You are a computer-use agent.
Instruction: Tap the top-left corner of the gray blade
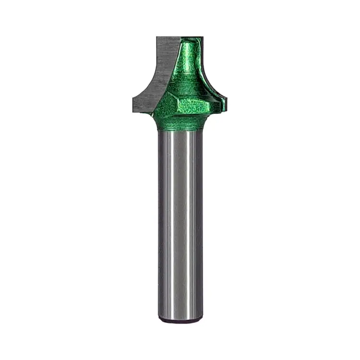[157, 37]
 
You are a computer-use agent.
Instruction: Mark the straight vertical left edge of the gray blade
[158, 58]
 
